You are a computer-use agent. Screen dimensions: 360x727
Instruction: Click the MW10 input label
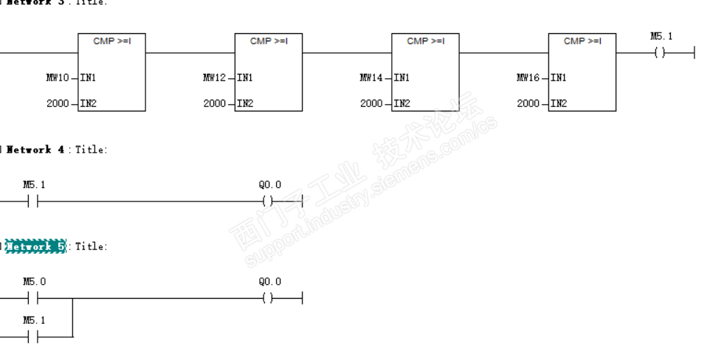coord(58,77)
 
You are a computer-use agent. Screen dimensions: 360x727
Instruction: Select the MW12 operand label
coord(214,77)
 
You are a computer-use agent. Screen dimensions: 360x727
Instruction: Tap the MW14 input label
coord(371,77)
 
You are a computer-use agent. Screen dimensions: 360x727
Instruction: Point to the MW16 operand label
coord(528,77)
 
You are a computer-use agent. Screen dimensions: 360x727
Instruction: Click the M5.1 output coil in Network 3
coord(660,53)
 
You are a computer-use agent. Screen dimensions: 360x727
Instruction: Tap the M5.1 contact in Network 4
coord(33,201)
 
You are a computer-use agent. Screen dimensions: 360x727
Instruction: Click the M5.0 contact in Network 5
coord(33,298)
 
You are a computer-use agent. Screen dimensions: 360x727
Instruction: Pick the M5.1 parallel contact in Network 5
coord(33,337)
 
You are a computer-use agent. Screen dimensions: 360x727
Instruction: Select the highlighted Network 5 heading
coord(35,246)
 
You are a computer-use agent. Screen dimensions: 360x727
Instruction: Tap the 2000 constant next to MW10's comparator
coord(58,103)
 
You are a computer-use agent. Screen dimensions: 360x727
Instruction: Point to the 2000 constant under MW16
coord(528,103)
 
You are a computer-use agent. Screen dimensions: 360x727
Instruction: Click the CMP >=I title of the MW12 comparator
coord(269,41)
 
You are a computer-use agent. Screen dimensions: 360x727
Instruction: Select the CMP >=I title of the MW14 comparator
coord(425,41)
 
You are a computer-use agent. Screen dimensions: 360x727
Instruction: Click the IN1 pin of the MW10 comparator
coord(89,77)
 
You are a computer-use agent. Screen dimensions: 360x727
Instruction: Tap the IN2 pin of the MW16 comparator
coord(559,103)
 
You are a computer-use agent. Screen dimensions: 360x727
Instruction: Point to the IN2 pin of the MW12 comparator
coord(245,103)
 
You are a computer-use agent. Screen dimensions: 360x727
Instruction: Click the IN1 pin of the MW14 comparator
coord(402,77)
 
